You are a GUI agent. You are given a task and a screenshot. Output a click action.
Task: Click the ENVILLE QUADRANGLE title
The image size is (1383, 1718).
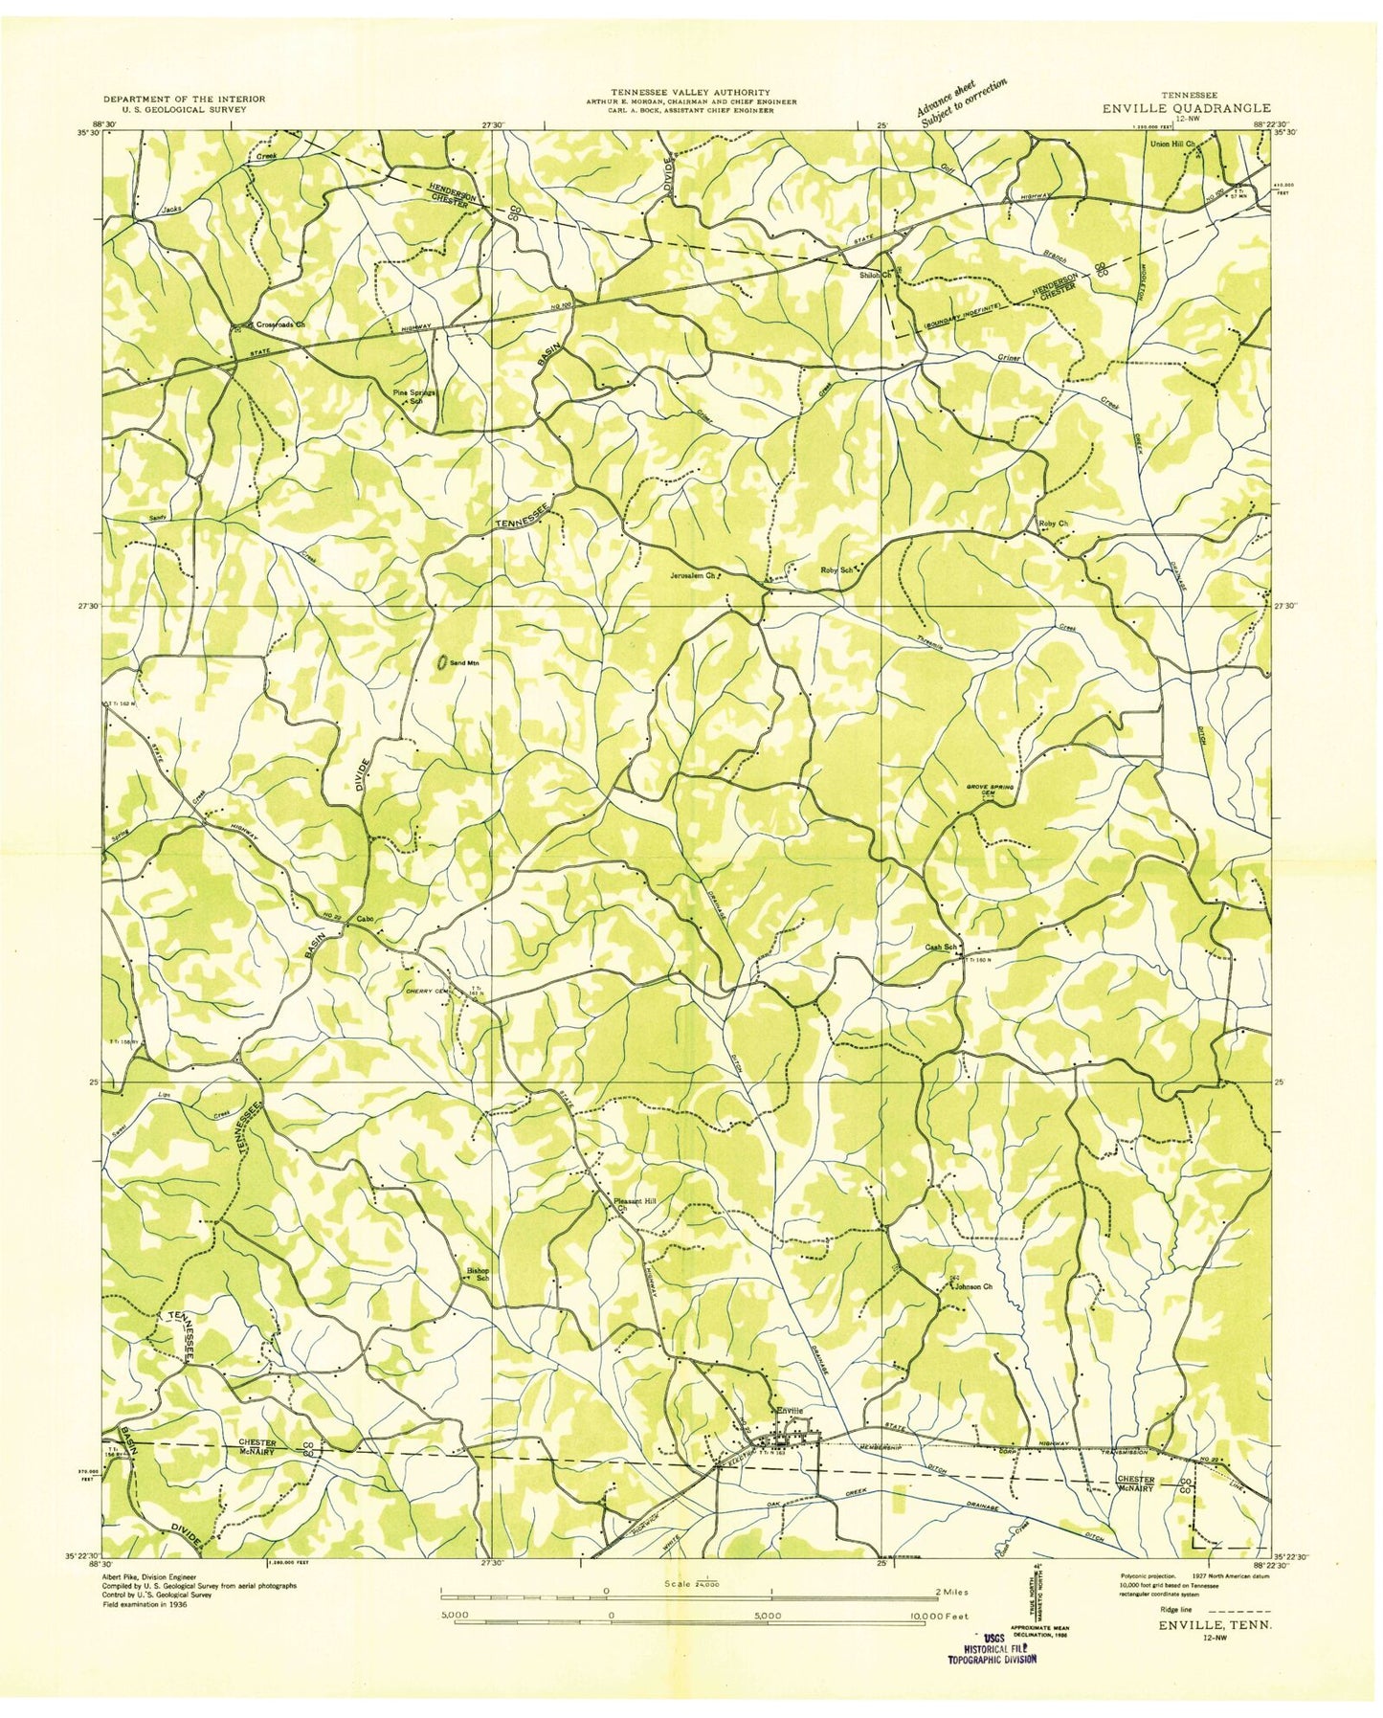pos(1187,108)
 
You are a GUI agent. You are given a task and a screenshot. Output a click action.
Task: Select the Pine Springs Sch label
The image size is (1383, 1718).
pos(414,397)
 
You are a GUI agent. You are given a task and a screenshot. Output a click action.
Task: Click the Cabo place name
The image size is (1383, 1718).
pos(364,920)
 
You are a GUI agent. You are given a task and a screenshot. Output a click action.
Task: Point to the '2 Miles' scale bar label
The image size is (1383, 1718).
pos(948,1593)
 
